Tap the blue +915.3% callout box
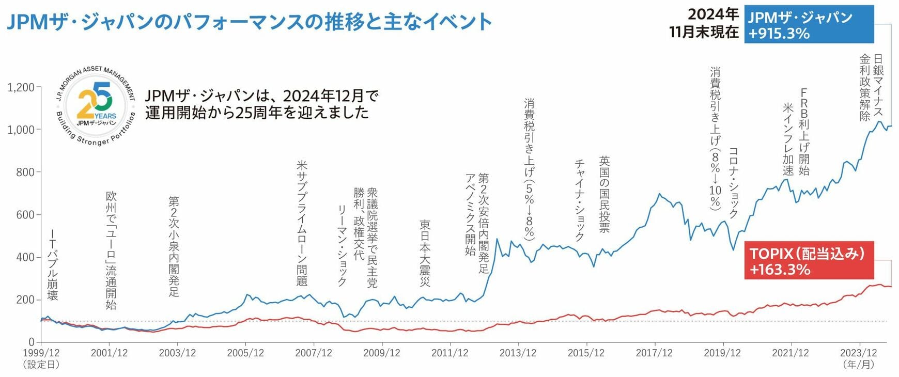click(809, 25)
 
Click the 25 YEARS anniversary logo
click(96, 106)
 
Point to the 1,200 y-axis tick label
click(21, 87)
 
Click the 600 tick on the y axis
click(25, 215)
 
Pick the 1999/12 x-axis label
click(41, 353)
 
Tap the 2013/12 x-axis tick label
click(518, 353)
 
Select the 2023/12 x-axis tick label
click(859, 353)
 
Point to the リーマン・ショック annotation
click(342, 245)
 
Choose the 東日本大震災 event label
click(425, 253)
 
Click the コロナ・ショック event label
click(733, 183)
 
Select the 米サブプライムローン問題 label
click(302, 223)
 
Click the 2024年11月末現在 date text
click(704, 23)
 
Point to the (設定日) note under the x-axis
click(41, 365)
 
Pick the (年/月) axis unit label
click(859, 365)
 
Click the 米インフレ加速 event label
click(788, 139)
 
